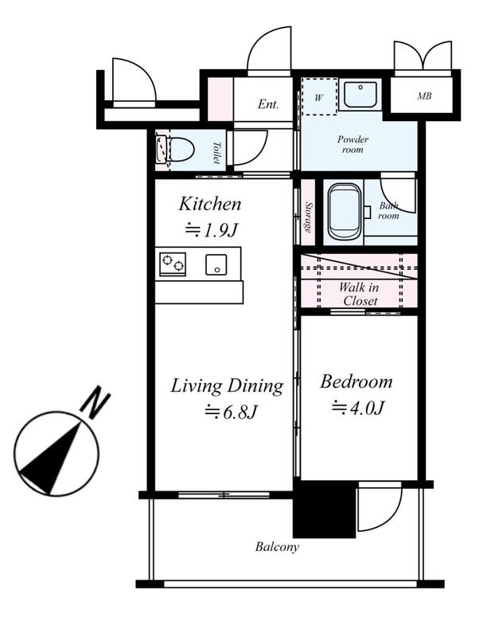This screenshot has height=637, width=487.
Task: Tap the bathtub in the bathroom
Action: coord(344,211)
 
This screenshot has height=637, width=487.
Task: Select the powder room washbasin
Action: coord(360,95)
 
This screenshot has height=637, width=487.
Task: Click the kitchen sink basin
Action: coord(216,264)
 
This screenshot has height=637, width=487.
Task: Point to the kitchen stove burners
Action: coord(173,264)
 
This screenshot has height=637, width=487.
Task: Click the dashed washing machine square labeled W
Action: coord(319,96)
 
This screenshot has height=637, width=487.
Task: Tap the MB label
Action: coord(424,96)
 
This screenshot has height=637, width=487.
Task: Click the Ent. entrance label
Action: coord(268,104)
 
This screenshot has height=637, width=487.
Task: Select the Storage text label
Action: coord(309,217)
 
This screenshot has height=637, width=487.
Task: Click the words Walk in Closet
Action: coord(359,294)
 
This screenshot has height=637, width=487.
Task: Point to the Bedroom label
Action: coord(356,382)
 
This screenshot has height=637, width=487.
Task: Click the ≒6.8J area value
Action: coord(231,412)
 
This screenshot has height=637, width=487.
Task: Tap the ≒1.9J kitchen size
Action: coord(211,230)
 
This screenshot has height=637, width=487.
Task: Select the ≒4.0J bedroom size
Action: coord(357,408)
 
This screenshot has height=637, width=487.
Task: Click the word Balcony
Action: coord(277,547)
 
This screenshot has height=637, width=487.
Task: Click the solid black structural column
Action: coord(324,510)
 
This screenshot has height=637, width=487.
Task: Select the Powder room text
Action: coord(353,144)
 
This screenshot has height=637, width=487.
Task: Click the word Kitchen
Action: coord(210,204)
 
